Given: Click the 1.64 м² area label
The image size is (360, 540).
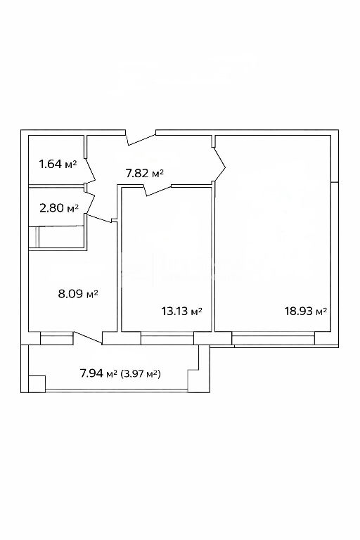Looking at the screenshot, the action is point(58,164).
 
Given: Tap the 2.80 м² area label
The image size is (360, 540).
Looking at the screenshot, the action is point(59,207).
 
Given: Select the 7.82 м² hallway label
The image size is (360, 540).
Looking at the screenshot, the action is point(144,173).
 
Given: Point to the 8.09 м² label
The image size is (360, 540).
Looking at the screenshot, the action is point(78,294).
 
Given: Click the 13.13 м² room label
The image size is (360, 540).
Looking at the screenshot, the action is point(181,311).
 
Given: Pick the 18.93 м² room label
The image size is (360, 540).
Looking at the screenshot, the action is point(306,311).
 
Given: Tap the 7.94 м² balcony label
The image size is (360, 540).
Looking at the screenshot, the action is point(98,373).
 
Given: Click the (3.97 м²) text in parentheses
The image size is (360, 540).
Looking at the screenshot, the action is point(141,373).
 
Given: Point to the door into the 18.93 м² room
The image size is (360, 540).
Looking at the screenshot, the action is point(219,164).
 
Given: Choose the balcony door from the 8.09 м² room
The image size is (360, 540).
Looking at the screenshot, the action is point(87,337).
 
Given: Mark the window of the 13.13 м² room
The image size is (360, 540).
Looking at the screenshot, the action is point(167,338).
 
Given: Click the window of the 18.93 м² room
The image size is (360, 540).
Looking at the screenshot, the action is point(274,338).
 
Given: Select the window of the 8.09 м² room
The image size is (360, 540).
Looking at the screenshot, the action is point(57,338).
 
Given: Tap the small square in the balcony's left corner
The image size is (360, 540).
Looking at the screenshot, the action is point(37,384).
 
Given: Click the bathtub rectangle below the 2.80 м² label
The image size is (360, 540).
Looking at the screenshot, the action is point(62,236).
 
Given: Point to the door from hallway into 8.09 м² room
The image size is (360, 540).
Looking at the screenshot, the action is point(100,219).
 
